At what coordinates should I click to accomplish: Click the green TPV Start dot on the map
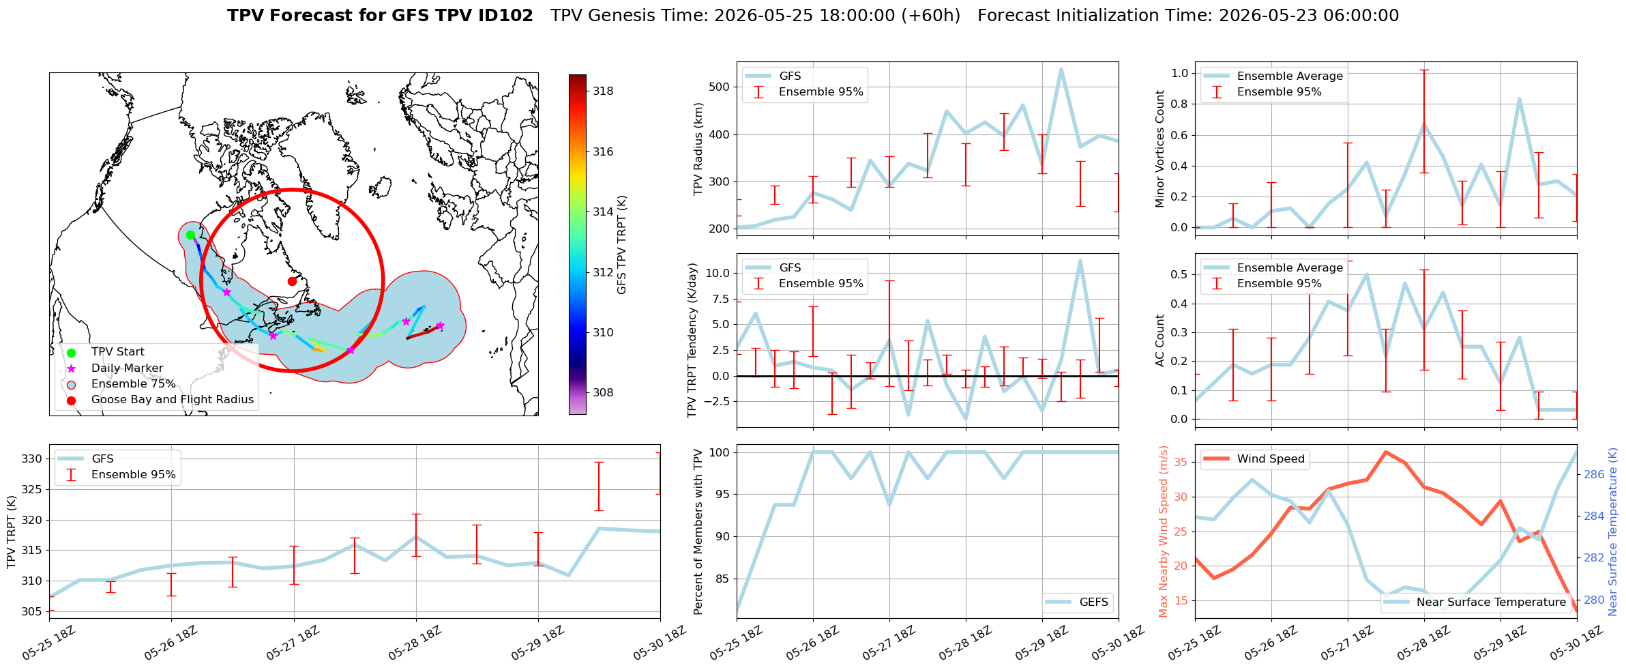191,235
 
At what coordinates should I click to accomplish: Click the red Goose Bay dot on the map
292,281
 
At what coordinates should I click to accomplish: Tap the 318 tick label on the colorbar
603,91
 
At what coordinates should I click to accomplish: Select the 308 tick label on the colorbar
603,392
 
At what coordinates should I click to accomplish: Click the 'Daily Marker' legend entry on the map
127,368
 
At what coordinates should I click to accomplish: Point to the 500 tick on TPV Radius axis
720,87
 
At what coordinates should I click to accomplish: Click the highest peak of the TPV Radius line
1061,69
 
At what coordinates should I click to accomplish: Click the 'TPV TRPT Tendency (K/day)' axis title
693,340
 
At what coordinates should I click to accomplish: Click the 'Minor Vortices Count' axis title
1159,149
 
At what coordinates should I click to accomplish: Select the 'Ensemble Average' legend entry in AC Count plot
1290,267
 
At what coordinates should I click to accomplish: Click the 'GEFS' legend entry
1094,602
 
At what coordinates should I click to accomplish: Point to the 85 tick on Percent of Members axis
723,579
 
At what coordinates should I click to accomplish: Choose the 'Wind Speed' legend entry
1271,458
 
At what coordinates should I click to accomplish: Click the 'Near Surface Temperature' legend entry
1491,602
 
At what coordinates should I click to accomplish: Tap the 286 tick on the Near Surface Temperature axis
1594,474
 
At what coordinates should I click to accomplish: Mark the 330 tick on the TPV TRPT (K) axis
33,458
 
